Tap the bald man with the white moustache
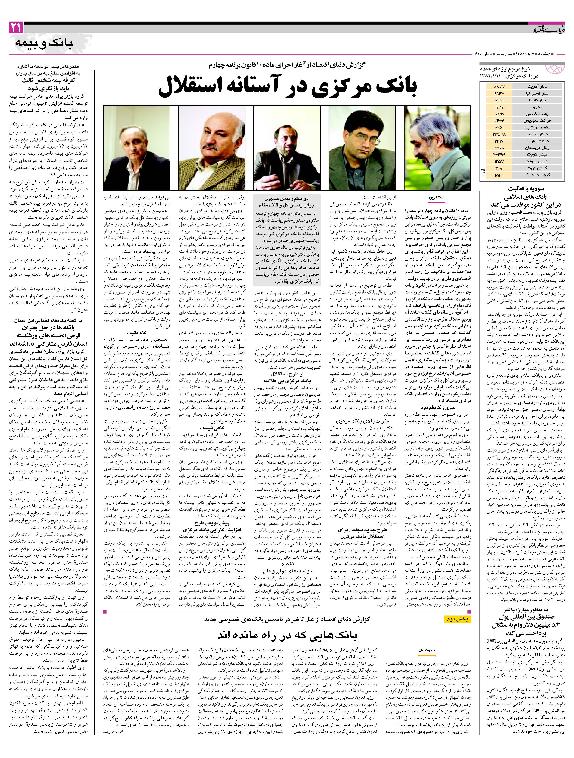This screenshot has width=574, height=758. (212, 148)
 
